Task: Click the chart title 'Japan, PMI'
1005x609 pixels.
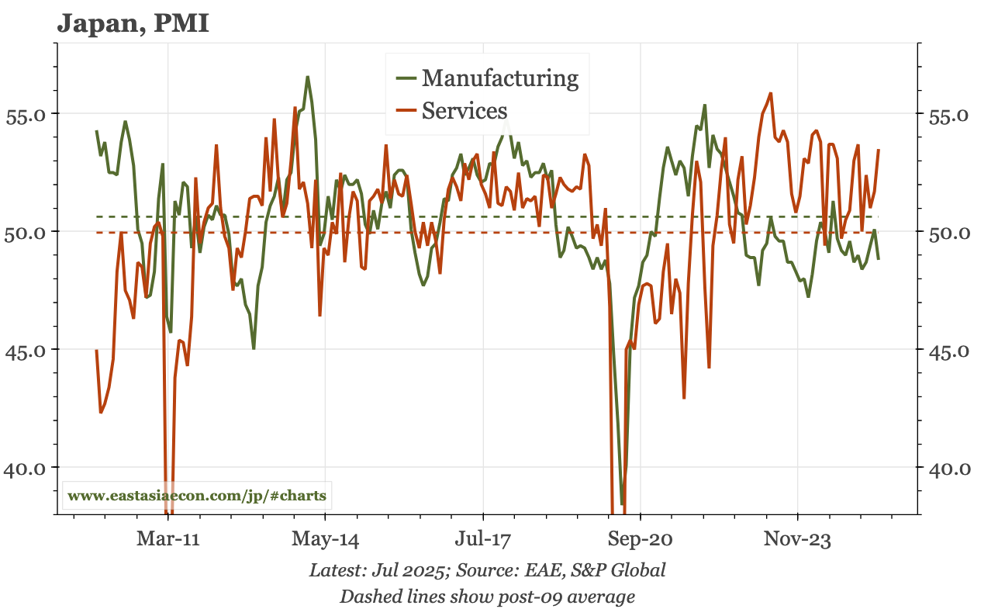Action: pyautogui.click(x=133, y=23)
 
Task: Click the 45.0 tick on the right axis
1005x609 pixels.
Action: pyautogui.click(x=938, y=350)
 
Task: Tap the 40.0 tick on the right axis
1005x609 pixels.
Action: pyautogui.click(x=938, y=468)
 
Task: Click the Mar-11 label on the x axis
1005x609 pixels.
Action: pyautogui.click(x=168, y=539)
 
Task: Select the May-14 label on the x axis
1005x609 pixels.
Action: pyautogui.click(x=326, y=539)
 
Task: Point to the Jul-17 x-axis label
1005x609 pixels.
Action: pyautogui.click(x=482, y=539)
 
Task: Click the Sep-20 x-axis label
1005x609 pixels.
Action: pyautogui.click(x=641, y=539)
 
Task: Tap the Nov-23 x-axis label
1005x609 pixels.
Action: pyautogui.click(x=797, y=539)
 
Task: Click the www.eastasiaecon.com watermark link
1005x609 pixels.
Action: pyautogui.click(x=197, y=496)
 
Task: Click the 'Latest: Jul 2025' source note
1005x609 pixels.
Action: pyautogui.click(x=487, y=570)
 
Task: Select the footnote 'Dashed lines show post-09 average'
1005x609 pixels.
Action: pyautogui.click(x=487, y=596)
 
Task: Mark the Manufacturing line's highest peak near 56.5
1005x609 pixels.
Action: pyautogui.click(x=307, y=77)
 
